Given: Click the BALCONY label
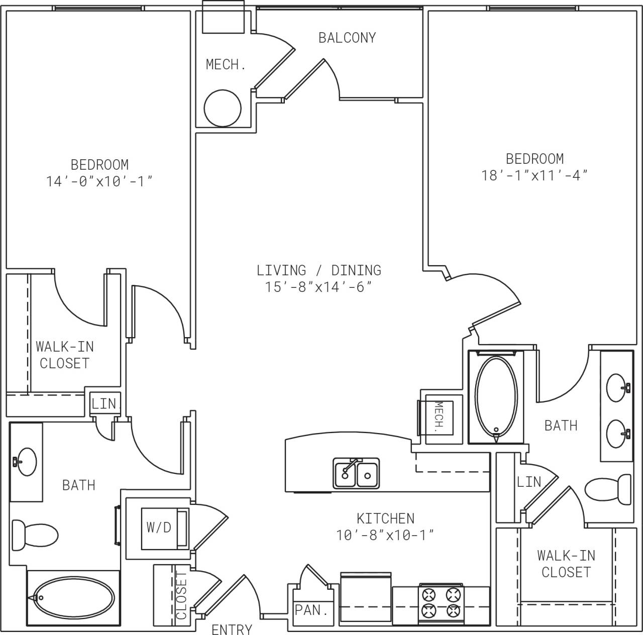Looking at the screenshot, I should point(347,38).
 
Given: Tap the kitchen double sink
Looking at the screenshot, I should point(356,473).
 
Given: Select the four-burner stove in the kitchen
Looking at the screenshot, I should point(441,603).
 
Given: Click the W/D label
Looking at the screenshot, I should point(159,527).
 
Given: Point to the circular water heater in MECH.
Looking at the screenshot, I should point(223,108).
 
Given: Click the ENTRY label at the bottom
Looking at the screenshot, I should point(232,628).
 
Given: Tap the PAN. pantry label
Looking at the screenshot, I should point(311,610).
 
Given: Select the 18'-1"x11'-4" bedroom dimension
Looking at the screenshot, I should point(534,175).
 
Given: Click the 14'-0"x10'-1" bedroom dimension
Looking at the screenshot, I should point(99,181).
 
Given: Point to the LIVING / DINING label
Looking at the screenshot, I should point(319,270).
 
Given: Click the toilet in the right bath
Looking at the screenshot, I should point(608,490).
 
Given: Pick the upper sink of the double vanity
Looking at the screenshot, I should point(617,387).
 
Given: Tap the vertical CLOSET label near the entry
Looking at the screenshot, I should point(182,596).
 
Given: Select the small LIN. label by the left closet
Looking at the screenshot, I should point(104,403).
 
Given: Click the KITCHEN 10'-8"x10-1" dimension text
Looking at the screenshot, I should point(385,535).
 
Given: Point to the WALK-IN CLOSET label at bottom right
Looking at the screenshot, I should point(566,564).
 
